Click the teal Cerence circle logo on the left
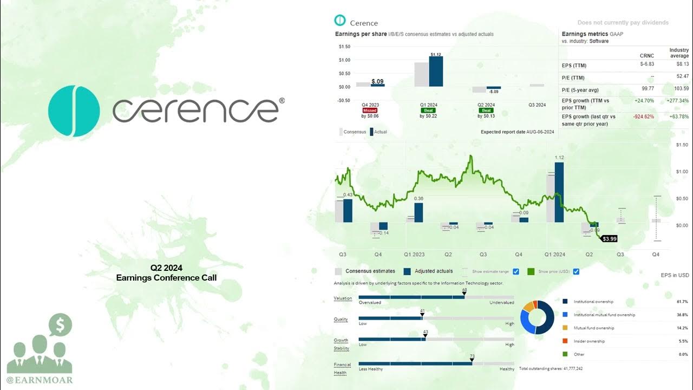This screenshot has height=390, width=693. click(74, 110)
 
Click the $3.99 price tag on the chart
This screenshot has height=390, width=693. click(610, 238)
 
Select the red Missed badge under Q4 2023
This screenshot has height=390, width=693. click(370, 110)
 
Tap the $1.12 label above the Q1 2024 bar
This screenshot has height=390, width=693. click(436, 55)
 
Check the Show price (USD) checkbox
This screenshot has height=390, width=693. click(576, 271)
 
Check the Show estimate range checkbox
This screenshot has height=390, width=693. click(516, 271)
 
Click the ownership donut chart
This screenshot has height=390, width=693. click(537, 317)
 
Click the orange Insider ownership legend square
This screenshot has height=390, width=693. click(565, 341)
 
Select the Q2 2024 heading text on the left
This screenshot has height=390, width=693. click(166, 268)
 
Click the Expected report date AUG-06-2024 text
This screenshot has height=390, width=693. click(517, 132)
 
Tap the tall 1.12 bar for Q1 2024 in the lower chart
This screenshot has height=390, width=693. click(559, 192)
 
